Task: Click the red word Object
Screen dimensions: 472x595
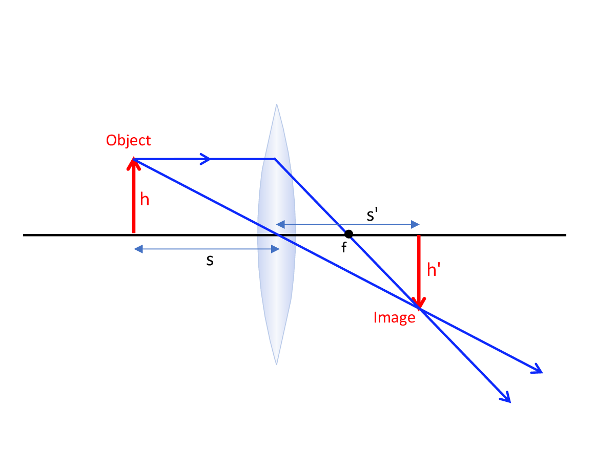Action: (x=128, y=140)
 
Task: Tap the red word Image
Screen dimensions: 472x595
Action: (x=394, y=318)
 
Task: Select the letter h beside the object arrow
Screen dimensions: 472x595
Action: (x=145, y=199)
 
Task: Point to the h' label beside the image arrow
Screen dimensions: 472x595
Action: (x=434, y=270)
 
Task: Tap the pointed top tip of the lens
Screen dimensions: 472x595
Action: (x=277, y=105)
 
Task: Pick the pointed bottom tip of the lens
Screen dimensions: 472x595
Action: (x=277, y=363)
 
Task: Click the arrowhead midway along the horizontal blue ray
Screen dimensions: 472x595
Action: (x=206, y=159)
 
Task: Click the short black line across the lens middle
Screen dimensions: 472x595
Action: (x=277, y=234)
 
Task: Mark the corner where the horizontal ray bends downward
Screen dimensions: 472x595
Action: (x=275, y=159)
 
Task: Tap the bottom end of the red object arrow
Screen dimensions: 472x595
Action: (x=134, y=232)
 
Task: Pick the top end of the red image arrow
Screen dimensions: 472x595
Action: (x=419, y=237)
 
